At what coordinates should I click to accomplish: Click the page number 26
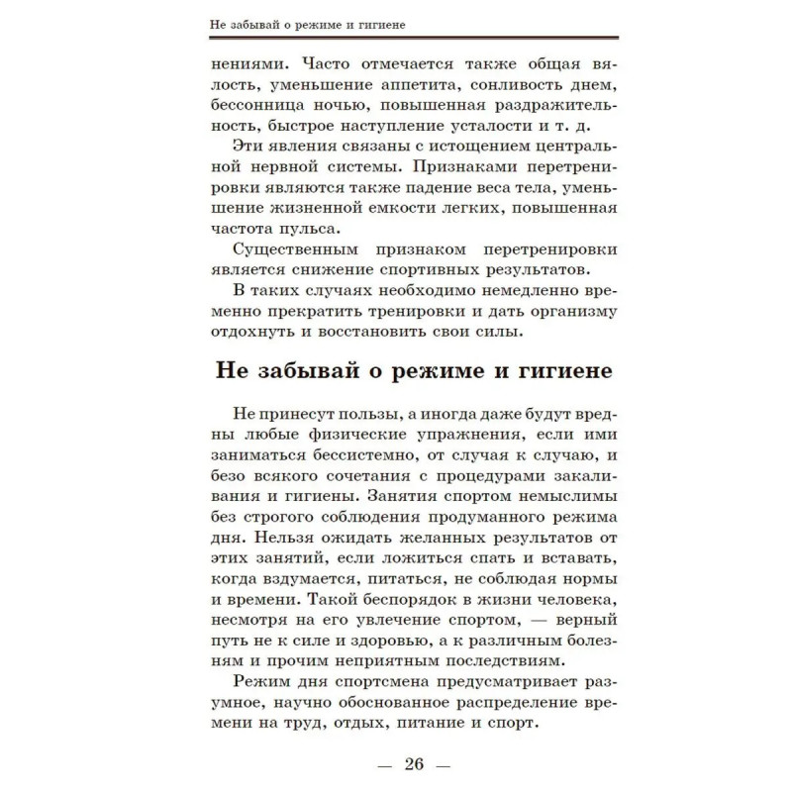click(x=414, y=764)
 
